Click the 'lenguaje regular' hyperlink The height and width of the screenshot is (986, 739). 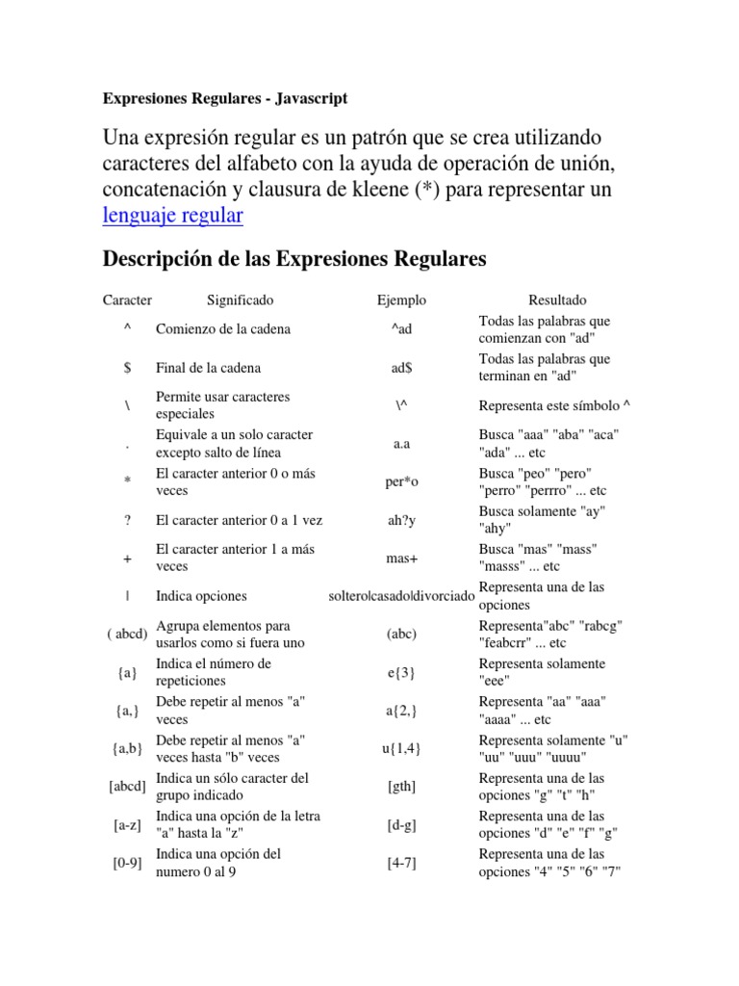pyautogui.click(x=172, y=215)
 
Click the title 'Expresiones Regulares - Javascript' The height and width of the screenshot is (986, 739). pyautogui.click(x=225, y=98)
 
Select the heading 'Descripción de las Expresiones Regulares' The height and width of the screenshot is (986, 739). pyautogui.click(x=294, y=259)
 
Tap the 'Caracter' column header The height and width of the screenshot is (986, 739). pyautogui.click(x=127, y=300)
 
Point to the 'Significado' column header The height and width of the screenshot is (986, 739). pyautogui.click(x=240, y=300)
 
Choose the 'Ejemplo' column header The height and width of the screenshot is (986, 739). pyautogui.click(x=401, y=300)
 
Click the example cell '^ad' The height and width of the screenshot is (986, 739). pyautogui.click(x=401, y=329)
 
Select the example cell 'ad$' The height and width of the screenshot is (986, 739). pyautogui.click(x=401, y=368)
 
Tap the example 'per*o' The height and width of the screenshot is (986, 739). pyautogui.click(x=401, y=482)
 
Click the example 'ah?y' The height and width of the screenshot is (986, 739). pyautogui.click(x=401, y=520)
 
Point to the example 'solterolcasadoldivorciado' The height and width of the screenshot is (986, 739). pyautogui.click(x=401, y=597)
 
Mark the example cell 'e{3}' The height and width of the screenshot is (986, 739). pyautogui.click(x=401, y=673)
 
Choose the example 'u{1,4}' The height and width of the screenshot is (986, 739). pyautogui.click(x=401, y=749)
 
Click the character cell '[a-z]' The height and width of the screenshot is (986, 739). pyautogui.click(x=127, y=825)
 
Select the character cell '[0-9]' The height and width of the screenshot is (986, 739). pyautogui.click(x=127, y=863)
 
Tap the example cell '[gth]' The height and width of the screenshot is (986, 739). pyautogui.click(x=401, y=787)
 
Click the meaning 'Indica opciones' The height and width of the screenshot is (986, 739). pyautogui.click(x=201, y=596)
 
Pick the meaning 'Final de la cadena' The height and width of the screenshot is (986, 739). pyautogui.click(x=208, y=368)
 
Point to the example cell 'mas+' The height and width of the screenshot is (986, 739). pyautogui.click(x=401, y=558)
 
